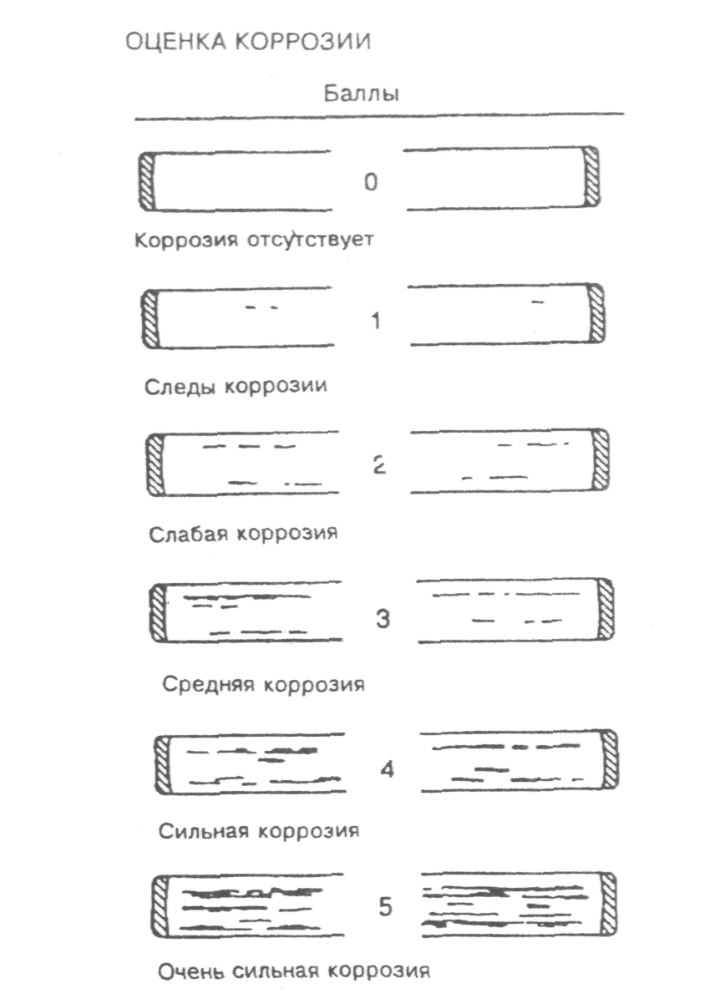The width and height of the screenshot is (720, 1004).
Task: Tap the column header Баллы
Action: tap(361, 94)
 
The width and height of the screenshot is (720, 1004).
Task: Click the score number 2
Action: tap(378, 466)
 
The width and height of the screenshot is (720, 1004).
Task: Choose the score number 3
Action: tap(383, 620)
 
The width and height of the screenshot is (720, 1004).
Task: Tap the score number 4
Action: tap(385, 768)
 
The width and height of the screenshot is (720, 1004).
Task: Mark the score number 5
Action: tap(385, 907)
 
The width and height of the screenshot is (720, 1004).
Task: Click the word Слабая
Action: tap(188, 533)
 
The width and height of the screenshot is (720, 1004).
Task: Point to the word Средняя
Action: tap(208, 685)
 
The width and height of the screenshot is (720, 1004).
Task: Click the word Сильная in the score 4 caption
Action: tap(201, 832)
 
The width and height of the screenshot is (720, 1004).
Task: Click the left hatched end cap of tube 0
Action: tap(149, 180)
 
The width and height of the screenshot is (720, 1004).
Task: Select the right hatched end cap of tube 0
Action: tap(592, 177)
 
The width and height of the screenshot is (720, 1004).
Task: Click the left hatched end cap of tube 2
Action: tap(155, 464)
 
